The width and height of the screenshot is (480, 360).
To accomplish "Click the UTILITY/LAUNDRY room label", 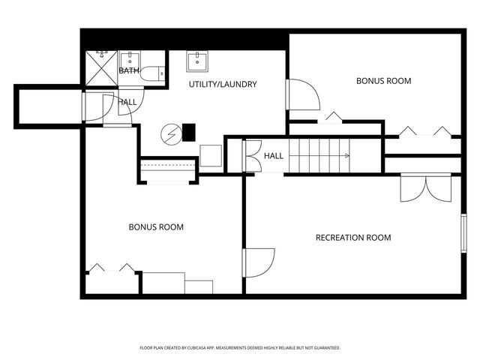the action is click(223, 84).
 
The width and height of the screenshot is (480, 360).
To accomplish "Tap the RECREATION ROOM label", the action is click(353, 238).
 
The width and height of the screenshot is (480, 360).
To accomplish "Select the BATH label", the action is click(128, 70).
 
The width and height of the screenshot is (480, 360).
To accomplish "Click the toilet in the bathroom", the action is click(152, 73).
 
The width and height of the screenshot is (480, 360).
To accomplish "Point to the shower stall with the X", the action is click(101, 68).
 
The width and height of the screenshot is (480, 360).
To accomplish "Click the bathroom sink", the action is click(130, 59).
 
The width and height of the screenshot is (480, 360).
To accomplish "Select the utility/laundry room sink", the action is click(197, 61).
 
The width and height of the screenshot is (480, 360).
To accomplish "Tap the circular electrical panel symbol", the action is click(172, 134).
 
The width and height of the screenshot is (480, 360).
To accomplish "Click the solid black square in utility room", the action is click(189, 132).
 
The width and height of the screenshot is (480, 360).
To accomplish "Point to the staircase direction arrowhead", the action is click(347, 156).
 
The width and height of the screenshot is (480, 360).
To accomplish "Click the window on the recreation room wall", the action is click(463, 233).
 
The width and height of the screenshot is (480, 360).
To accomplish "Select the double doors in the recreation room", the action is click(426, 187).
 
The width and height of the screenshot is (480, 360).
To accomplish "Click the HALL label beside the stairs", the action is click(274, 156).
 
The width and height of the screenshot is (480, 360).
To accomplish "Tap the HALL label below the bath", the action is click(127, 102).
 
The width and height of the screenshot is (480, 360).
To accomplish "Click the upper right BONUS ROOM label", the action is click(383, 81).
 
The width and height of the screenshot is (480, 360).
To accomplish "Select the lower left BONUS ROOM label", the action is click(156, 227).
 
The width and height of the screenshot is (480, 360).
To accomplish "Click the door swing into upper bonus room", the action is click(303, 94).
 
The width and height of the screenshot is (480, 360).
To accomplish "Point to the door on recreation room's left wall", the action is click(259, 262).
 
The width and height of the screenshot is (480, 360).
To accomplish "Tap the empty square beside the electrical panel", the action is click(211, 155).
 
